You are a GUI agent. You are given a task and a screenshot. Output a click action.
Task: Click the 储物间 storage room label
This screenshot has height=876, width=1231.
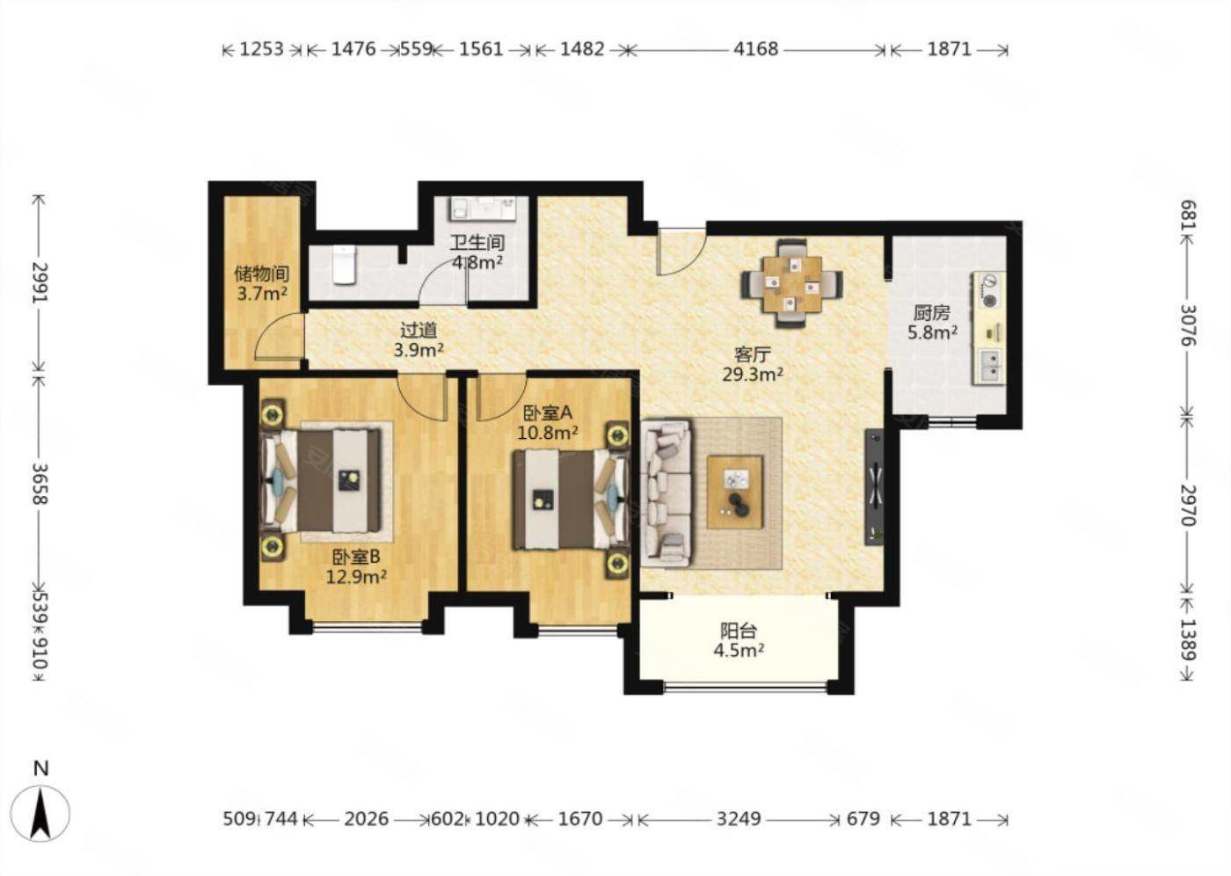point(262,274)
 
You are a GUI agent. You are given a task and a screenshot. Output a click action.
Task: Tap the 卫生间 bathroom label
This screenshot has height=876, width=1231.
point(477,243)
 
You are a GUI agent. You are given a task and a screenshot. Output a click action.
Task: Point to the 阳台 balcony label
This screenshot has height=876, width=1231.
point(739,631)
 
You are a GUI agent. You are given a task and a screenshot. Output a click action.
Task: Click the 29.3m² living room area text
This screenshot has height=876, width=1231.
point(753,375)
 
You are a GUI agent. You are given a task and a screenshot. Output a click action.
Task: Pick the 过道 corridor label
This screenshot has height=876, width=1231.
point(419,330)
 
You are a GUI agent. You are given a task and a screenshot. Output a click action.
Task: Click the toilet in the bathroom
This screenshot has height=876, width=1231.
point(345,265)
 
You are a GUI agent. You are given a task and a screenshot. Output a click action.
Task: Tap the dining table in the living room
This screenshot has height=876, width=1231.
point(792,283)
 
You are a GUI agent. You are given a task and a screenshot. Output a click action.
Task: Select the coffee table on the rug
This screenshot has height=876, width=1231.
point(735,492)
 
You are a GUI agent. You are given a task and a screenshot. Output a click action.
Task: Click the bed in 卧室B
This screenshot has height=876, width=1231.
point(322,481)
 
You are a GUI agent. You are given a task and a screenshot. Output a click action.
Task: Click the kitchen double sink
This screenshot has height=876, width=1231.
point(991,367)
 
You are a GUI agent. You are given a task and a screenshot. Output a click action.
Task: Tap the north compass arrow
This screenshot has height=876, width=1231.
point(40,813)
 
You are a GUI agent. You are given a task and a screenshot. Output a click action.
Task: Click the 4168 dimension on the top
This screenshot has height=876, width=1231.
point(756,49)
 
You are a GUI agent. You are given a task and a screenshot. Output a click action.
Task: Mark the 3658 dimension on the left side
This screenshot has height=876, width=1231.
point(40,484)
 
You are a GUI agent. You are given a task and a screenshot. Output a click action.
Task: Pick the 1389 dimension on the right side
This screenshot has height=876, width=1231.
point(1189,639)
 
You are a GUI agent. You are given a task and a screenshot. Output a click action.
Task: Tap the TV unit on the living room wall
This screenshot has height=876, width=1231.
point(874,487)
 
